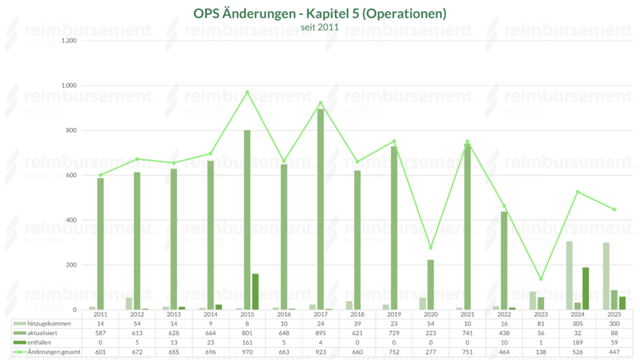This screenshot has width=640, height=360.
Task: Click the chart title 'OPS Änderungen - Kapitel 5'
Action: pyautogui.click(x=320, y=13)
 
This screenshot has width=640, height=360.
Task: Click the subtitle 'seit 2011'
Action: pyautogui.click(x=320, y=27)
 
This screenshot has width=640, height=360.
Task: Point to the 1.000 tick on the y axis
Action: pyautogui.click(x=68, y=86)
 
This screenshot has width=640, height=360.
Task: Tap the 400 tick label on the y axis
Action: pyautogui.click(x=71, y=220)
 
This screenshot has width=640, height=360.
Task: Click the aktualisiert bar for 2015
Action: pyautogui.click(x=247, y=220)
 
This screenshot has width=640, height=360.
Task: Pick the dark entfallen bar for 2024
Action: pyautogui.click(x=586, y=289)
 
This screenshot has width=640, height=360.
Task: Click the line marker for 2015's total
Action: pyautogui.click(x=247, y=92)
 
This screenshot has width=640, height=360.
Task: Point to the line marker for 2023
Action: pyautogui.click(x=541, y=279)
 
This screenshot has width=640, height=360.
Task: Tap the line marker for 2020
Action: pyautogui.click(x=430, y=248)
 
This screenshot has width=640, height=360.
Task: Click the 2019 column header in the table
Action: pyautogui.click(x=394, y=314)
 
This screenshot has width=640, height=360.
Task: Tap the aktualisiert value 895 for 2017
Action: pyautogui.click(x=321, y=333)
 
